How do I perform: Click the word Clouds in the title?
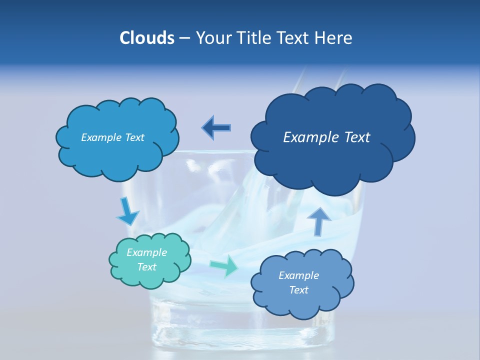click(x=146, y=38)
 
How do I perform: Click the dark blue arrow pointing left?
click(x=216, y=128)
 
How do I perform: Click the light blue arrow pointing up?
click(x=319, y=220)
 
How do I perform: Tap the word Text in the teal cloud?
click(x=147, y=267)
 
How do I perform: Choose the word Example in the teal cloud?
click(x=147, y=252)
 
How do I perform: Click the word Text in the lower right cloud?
click(x=299, y=290)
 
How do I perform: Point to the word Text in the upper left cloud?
click(x=134, y=137)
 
